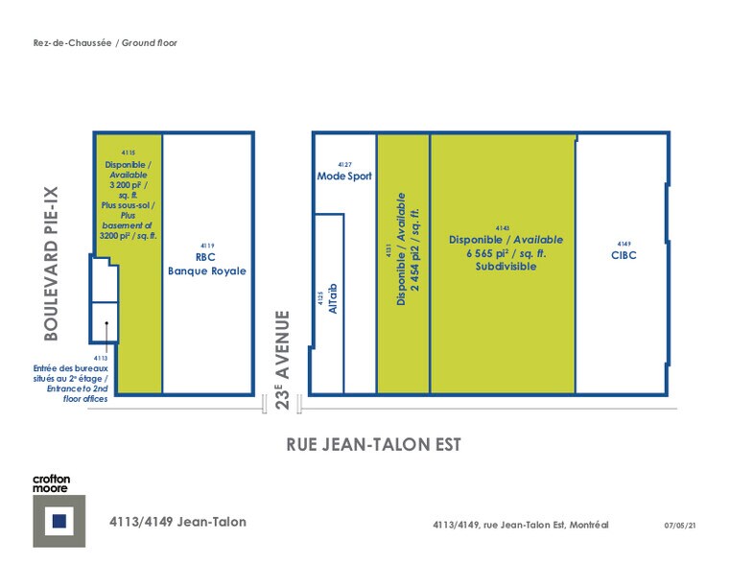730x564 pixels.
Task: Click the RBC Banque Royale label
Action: pyautogui.click(x=206, y=265)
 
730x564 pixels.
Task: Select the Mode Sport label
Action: pyautogui.click(x=344, y=176)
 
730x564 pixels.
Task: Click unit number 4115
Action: pyautogui.click(x=129, y=153)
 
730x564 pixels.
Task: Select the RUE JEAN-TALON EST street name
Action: pyautogui.click(x=374, y=444)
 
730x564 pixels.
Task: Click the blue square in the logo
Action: pyautogui.click(x=59, y=521)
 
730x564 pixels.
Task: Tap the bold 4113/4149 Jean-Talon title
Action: pyautogui.click(x=177, y=522)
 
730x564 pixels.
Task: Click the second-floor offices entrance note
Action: pyautogui.click(x=72, y=383)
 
